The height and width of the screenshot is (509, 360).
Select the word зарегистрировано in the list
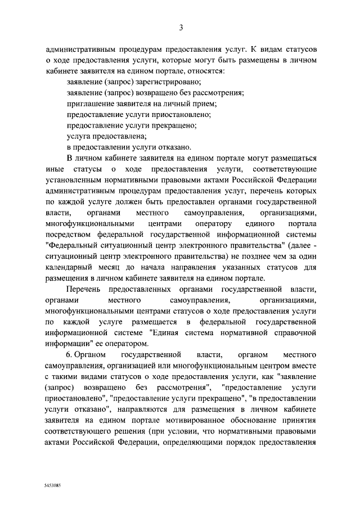[146, 82]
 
